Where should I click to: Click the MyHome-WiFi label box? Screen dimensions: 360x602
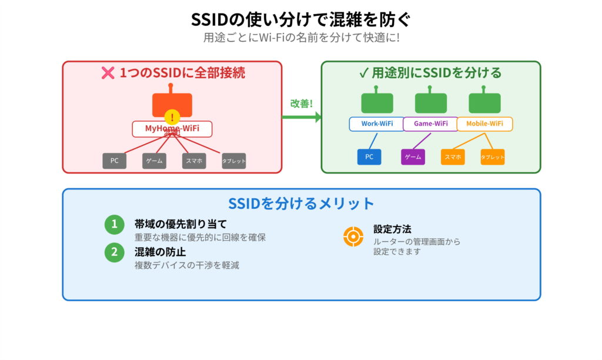tap(171, 128)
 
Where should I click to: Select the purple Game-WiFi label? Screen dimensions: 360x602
tap(430, 124)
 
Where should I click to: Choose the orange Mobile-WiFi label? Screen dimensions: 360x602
tap(485, 124)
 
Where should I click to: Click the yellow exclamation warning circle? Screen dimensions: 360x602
tap(172, 117)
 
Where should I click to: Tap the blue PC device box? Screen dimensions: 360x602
tap(369, 157)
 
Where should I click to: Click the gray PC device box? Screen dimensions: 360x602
tap(114, 161)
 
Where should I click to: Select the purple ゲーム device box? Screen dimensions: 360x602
tap(413, 157)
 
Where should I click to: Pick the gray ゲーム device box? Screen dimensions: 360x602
tap(154, 161)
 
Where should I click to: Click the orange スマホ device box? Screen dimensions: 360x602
tap(453, 157)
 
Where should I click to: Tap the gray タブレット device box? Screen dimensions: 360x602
tap(233, 161)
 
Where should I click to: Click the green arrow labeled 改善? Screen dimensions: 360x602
tap(302, 116)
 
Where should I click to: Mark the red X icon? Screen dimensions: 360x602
tap(108, 73)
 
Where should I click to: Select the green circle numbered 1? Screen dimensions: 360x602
tap(115, 224)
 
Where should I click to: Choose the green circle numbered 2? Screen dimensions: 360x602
tap(115, 252)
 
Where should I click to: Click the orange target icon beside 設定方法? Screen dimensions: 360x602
tap(353, 236)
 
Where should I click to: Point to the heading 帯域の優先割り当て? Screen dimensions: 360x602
tap(180, 224)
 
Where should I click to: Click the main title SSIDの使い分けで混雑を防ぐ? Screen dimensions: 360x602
tap(301, 19)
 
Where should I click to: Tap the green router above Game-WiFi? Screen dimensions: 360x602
tap(430, 102)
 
